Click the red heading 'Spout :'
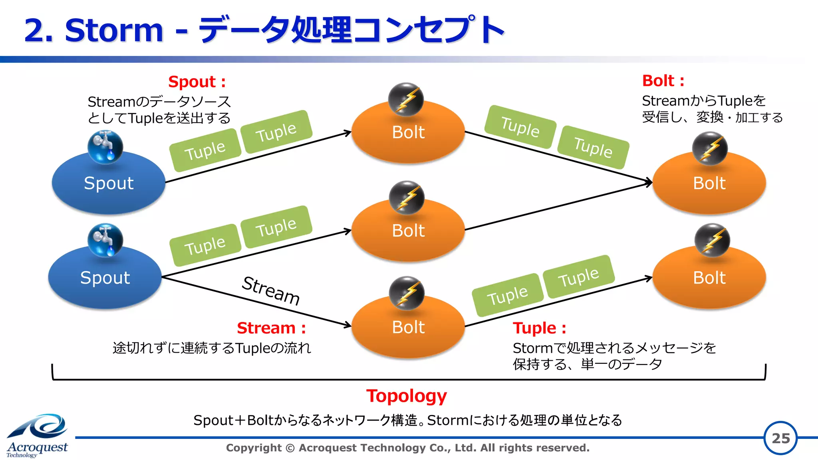(x=197, y=82)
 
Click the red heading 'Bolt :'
(x=663, y=81)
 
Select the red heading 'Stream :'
(x=271, y=328)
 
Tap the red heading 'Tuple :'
(x=539, y=328)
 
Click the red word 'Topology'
(x=406, y=396)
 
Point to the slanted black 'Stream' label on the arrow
(x=271, y=290)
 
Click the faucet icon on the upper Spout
(x=105, y=147)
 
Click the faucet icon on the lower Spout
(x=105, y=240)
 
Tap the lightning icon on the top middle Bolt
(x=406, y=99)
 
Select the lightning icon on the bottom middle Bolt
(x=407, y=293)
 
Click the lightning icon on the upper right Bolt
(x=710, y=148)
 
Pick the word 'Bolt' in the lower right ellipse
(x=709, y=278)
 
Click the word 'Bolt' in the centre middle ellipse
(x=408, y=231)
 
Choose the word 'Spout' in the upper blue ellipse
(x=109, y=183)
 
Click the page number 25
(x=780, y=438)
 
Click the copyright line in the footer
(x=407, y=448)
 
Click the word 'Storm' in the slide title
(x=114, y=30)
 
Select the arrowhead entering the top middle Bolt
(x=347, y=133)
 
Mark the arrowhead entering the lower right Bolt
(x=649, y=278)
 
